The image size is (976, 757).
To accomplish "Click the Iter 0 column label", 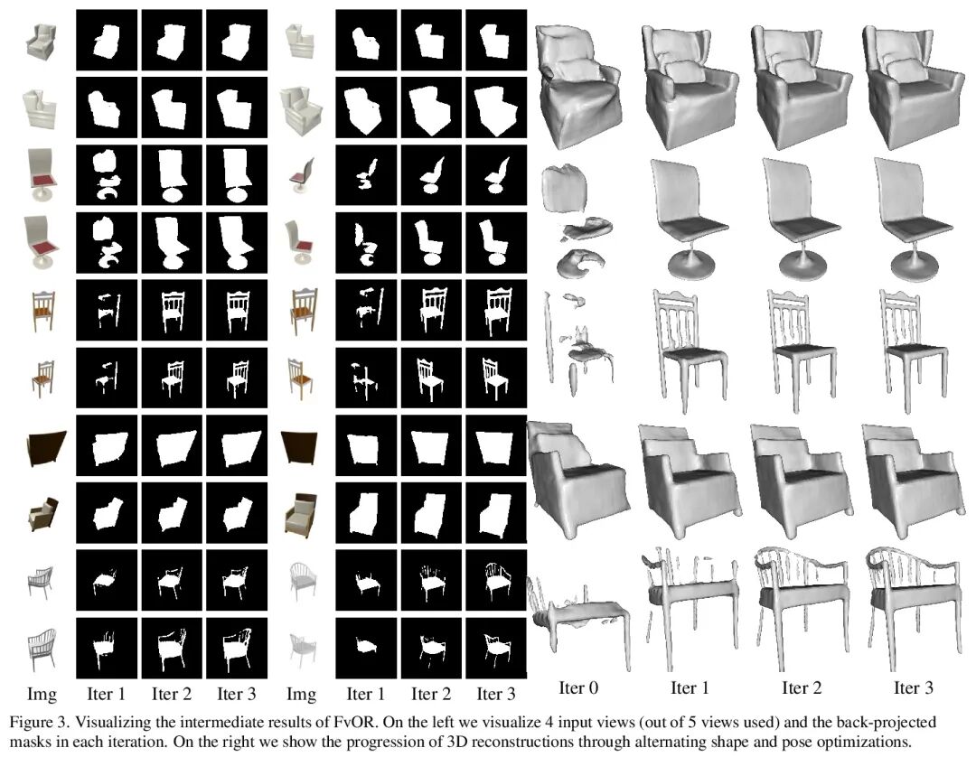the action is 578,687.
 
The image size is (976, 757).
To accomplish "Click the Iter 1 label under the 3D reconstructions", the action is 690,687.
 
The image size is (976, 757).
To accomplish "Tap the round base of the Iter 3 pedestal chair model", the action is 914,266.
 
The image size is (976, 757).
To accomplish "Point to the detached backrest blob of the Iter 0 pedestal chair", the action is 563,188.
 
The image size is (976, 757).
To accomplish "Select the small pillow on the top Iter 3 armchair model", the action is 908,70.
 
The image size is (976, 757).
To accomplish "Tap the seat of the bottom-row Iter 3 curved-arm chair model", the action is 913,596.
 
